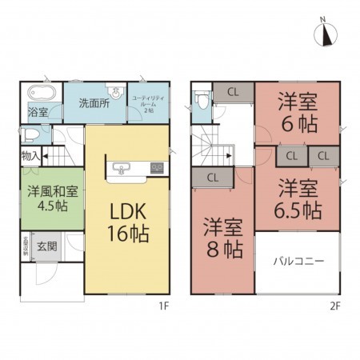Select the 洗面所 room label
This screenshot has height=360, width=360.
click(x=94, y=102)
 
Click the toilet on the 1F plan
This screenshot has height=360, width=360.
click(x=33, y=134)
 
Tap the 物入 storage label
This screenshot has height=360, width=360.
click(x=30, y=155)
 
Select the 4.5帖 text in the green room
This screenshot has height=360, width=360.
click(x=50, y=206)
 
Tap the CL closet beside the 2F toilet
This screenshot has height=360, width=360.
click(x=233, y=91)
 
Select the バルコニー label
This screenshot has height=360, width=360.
click(x=297, y=262)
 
